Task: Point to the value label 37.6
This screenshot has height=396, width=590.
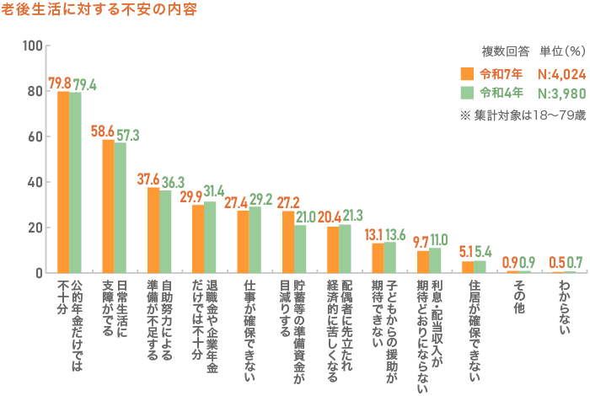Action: (x=148, y=179)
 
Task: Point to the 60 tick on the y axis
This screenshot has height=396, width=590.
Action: (x=34, y=136)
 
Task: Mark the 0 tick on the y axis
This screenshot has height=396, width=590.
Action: (x=37, y=273)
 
